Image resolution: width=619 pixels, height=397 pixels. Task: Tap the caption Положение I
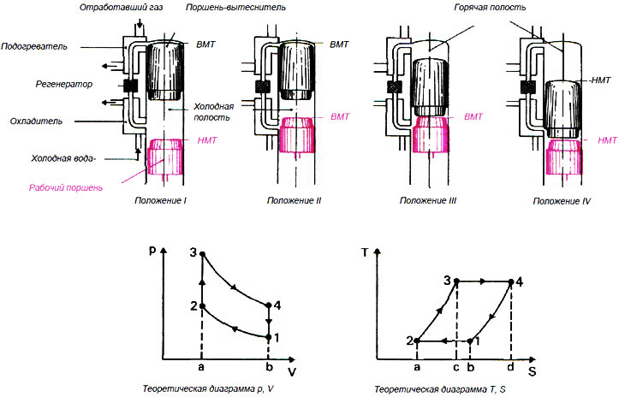pyautogui.click(x=161, y=200)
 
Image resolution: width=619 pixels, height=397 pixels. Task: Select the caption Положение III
pyautogui.click(x=426, y=200)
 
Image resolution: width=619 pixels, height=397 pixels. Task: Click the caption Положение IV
pyautogui.click(x=559, y=200)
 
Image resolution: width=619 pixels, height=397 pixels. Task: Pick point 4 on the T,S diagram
pyautogui.click(x=511, y=281)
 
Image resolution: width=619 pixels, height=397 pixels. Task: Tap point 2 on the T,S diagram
pyautogui.click(x=417, y=341)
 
